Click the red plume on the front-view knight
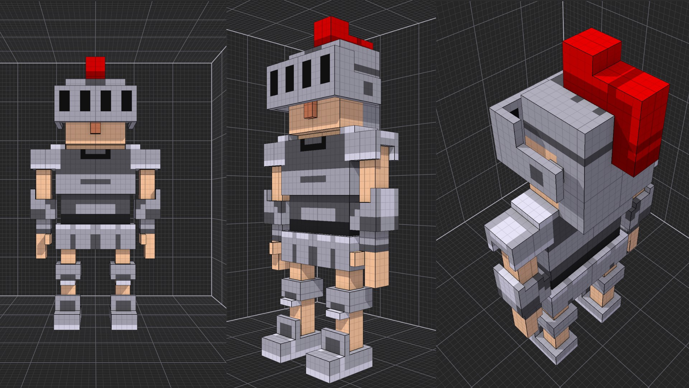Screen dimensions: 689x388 coord(95,68)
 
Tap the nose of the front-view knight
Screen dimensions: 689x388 coord(95,128)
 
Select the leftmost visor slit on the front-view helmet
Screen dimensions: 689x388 coord(64,101)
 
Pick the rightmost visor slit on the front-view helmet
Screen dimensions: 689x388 coord(126,101)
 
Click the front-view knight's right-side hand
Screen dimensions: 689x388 coord(149,245)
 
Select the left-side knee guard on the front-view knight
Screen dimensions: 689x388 coord(68,271)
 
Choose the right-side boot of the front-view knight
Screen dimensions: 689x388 coord(124,313)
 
